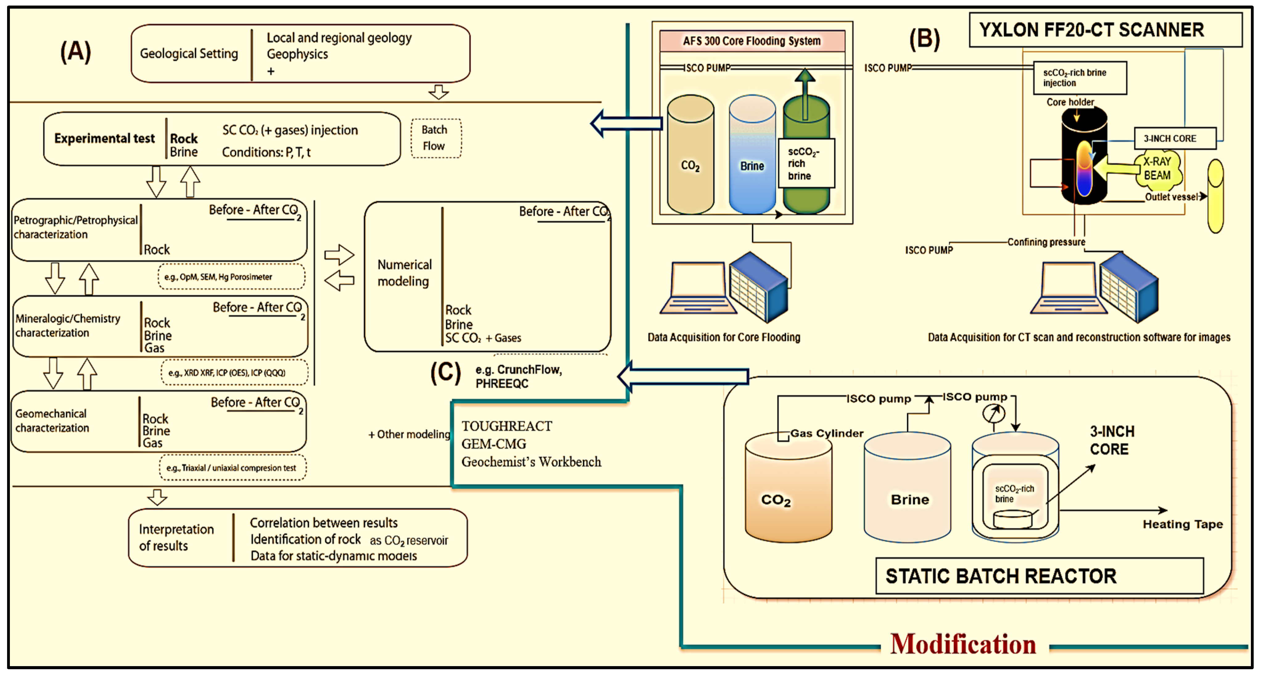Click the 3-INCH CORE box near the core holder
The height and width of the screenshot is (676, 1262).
click(1174, 139)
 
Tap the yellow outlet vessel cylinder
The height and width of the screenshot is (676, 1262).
click(1215, 196)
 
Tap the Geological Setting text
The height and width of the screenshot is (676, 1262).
click(189, 53)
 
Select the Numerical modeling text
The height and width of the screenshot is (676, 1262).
click(404, 273)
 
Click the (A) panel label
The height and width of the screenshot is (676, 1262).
click(76, 51)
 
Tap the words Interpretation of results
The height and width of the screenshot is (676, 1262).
click(176, 537)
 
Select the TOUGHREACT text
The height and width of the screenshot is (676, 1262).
click(507, 426)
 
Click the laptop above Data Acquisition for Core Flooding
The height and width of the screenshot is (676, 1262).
click(697, 288)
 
